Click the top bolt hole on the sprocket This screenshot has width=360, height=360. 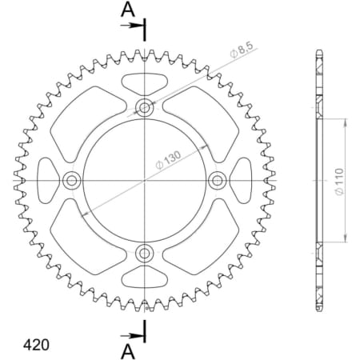click(x=145, y=106)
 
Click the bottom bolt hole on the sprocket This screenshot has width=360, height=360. click(x=145, y=254)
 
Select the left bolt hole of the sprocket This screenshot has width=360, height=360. click(x=70, y=181)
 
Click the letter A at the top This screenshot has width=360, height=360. click(x=127, y=10)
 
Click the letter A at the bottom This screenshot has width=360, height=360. click(x=127, y=350)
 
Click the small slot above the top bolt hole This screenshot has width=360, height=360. click(x=145, y=81)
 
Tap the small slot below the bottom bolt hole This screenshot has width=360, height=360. click(x=145, y=281)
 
